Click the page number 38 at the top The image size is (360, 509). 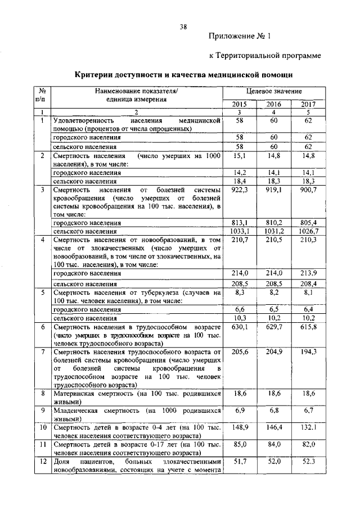click(183, 26)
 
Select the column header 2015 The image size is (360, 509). click(240, 103)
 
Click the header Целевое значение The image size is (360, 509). click(274, 91)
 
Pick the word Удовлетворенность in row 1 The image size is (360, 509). click(84, 120)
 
